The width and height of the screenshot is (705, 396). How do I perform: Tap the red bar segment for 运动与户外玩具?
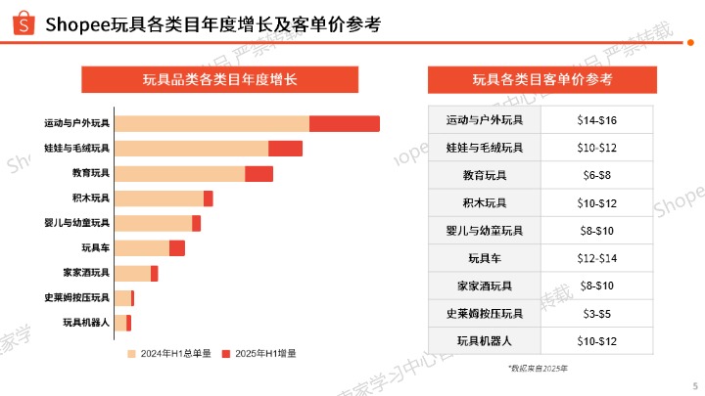tap(344, 123)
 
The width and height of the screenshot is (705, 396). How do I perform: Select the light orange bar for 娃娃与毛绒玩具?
tap(191, 149)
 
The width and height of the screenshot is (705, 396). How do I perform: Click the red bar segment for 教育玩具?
tap(258, 173)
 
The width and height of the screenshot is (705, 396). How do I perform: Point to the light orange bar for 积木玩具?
tap(159, 198)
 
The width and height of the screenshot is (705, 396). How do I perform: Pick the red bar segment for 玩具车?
tap(176, 248)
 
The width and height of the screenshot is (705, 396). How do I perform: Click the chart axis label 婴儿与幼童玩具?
tap(77, 223)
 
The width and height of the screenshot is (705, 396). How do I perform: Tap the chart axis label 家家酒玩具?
tap(85, 273)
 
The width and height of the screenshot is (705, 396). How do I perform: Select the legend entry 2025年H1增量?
tap(258, 353)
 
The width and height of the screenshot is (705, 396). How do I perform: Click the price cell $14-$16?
tap(596, 120)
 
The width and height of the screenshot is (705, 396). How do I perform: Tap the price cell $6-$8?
tap(596, 176)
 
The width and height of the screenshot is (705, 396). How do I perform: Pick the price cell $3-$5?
tap(596, 314)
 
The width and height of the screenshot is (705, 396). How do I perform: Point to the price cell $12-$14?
tap(596, 258)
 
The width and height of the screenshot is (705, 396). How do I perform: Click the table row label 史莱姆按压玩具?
tap(485, 314)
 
